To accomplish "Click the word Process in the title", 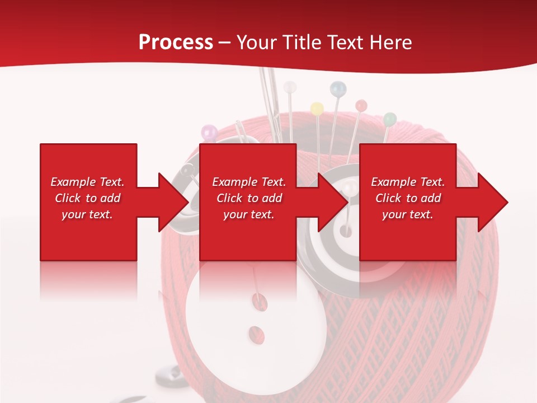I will (x=176, y=43).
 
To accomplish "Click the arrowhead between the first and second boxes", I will (x=174, y=202).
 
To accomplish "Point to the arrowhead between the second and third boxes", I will (x=333, y=202).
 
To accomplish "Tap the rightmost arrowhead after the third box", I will (x=492, y=202).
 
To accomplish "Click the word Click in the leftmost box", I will (x=68, y=198).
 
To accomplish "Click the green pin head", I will (x=390, y=119).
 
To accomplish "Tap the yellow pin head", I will (x=317, y=108).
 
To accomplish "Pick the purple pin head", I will (x=209, y=133).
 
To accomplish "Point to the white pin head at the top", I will (x=290, y=87).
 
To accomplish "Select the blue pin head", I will (x=338, y=88).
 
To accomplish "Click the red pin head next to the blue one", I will (x=361, y=105).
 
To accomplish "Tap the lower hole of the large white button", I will (x=257, y=334).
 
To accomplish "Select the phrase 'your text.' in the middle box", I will (x=248, y=214).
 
